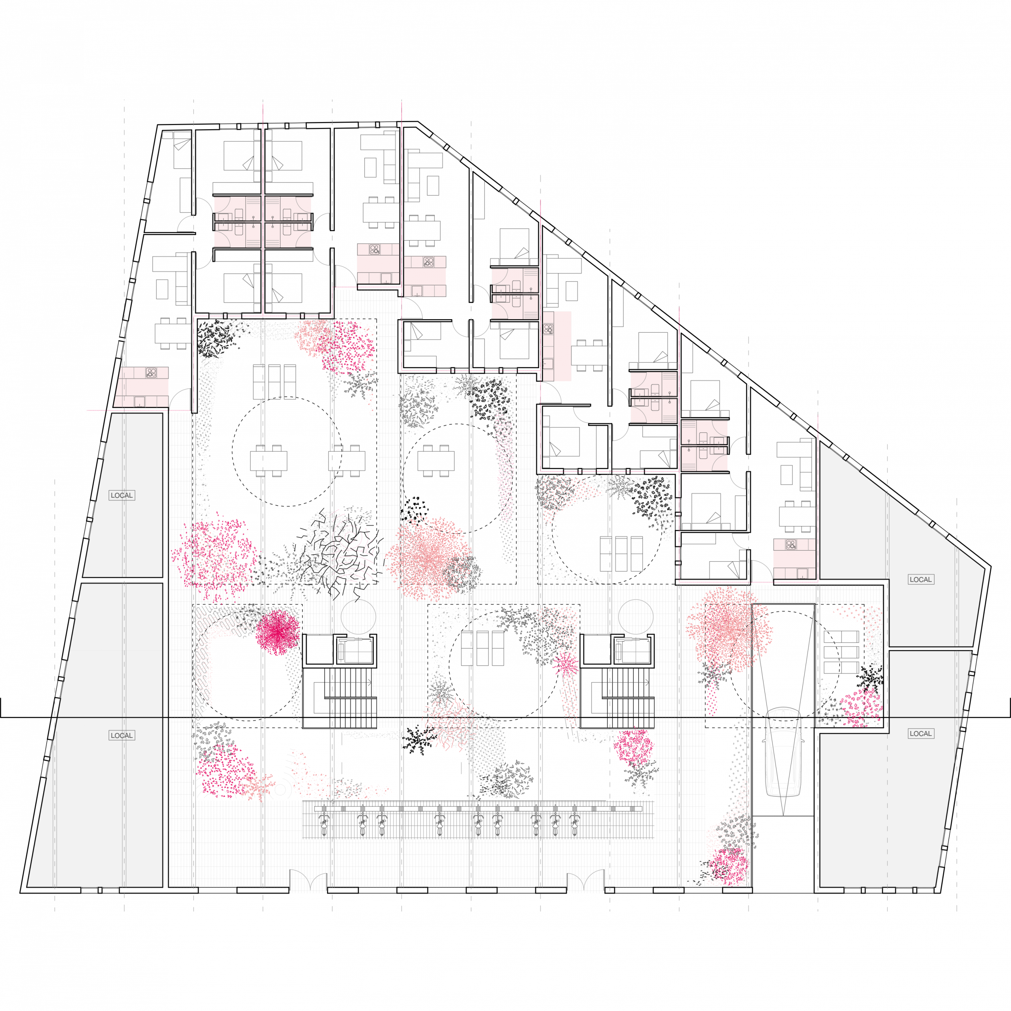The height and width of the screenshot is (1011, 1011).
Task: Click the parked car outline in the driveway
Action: coord(783,752)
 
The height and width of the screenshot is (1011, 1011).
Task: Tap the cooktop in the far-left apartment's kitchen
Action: coord(151,373)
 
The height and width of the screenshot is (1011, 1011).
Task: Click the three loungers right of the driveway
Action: coord(841,652)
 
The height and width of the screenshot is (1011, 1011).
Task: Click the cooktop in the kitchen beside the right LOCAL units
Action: coord(791,545)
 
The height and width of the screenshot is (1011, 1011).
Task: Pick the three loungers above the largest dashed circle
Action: coord(274,382)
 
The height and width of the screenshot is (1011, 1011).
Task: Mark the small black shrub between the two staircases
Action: coord(419,739)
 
